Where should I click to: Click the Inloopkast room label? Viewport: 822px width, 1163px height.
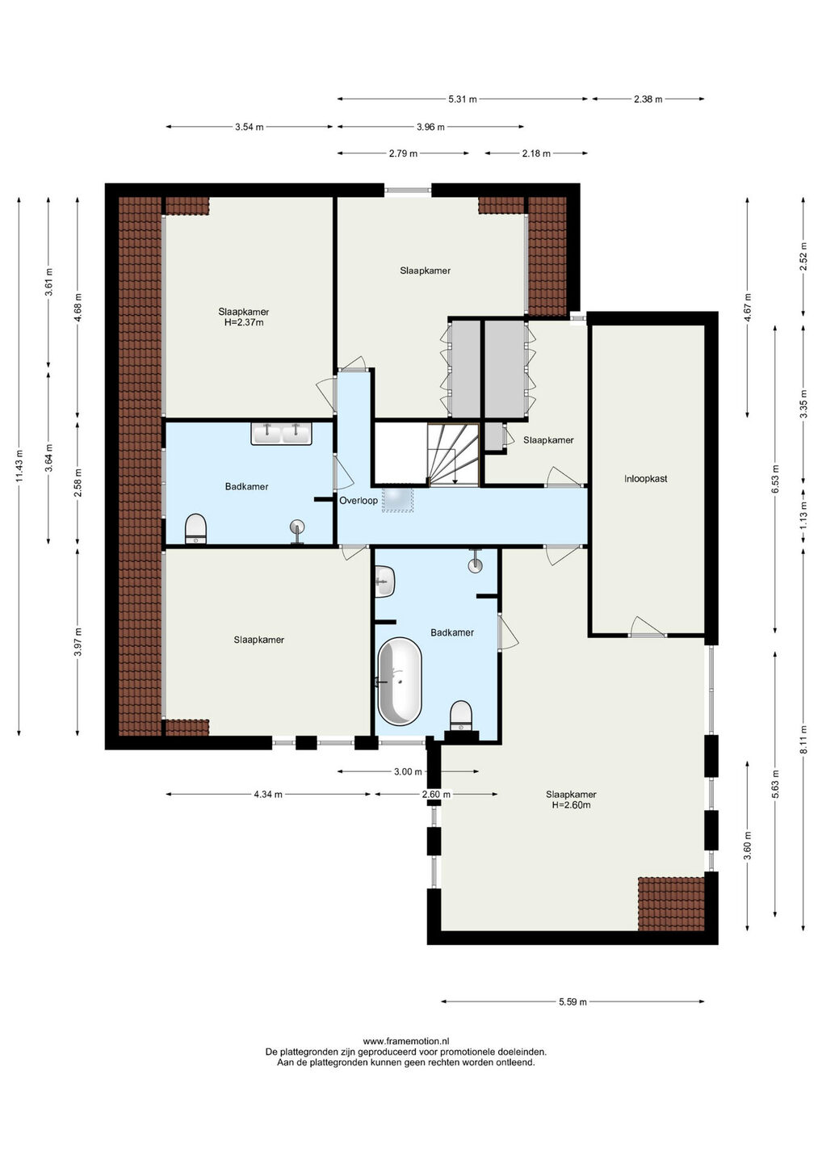pyautogui.click(x=645, y=479)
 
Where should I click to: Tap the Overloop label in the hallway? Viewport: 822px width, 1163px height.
pyautogui.click(x=358, y=501)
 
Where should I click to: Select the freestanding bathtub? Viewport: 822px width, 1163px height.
pyautogui.click(x=399, y=681)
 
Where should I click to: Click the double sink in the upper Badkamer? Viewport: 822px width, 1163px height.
pyautogui.click(x=281, y=434)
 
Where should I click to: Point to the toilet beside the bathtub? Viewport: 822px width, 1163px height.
pyautogui.click(x=461, y=716)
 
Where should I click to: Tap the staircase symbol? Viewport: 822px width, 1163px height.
pyautogui.click(x=453, y=454)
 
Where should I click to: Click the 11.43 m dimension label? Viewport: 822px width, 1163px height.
pyautogui.click(x=19, y=466)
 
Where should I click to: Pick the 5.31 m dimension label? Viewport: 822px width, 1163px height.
pyautogui.click(x=463, y=99)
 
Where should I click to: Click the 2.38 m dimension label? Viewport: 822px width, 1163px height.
pyautogui.click(x=648, y=99)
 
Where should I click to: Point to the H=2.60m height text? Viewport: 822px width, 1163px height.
pyautogui.click(x=571, y=805)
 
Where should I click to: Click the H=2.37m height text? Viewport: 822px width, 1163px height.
pyautogui.click(x=243, y=322)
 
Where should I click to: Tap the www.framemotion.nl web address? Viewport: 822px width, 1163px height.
pyautogui.click(x=406, y=1041)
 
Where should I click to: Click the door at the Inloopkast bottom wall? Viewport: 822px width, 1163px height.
pyautogui.click(x=647, y=635)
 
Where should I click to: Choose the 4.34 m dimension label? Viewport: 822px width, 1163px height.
pyautogui.click(x=268, y=795)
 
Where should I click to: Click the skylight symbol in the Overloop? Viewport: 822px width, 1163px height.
pyautogui.click(x=398, y=499)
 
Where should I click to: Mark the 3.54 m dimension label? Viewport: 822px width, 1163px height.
pyautogui.click(x=249, y=127)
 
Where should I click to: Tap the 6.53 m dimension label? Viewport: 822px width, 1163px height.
pyautogui.click(x=775, y=479)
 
